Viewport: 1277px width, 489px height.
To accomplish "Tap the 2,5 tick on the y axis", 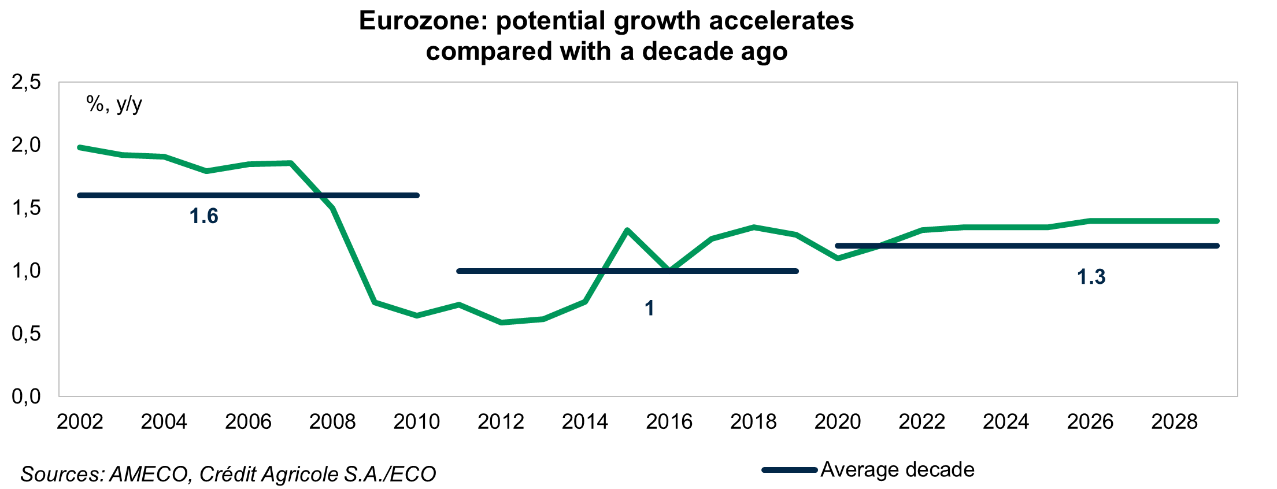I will (x=26, y=82).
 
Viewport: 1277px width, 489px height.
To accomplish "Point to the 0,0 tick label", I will (x=26, y=397).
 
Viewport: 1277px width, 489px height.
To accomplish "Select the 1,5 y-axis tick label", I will (x=26, y=208).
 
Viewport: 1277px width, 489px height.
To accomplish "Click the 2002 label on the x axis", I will (x=80, y=422).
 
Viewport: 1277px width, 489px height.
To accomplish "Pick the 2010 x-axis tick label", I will (x=416, y=422).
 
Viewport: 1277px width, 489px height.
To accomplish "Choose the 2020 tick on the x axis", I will (x=837, y=422).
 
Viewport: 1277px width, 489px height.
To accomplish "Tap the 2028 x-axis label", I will (x=1174, y=422).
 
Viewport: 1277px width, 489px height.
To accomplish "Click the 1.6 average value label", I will (x=203, y=216).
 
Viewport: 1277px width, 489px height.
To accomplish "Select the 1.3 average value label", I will (x=1091, y=277).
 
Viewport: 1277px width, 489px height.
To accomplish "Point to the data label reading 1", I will (x=649, y=308).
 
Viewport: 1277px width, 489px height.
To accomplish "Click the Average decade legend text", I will (x=897, y=469).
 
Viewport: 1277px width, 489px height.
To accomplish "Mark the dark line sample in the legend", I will (x=789, y=470).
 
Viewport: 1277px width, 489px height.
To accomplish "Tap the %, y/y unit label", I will (x=114, y=104).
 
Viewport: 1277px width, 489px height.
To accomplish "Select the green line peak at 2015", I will (x=627, y=230).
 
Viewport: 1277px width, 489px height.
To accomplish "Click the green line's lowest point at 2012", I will (x=501, y=323).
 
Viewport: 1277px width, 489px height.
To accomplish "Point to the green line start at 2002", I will (x=80, y=147).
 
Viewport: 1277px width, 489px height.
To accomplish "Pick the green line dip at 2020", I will (x=838, y=258).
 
